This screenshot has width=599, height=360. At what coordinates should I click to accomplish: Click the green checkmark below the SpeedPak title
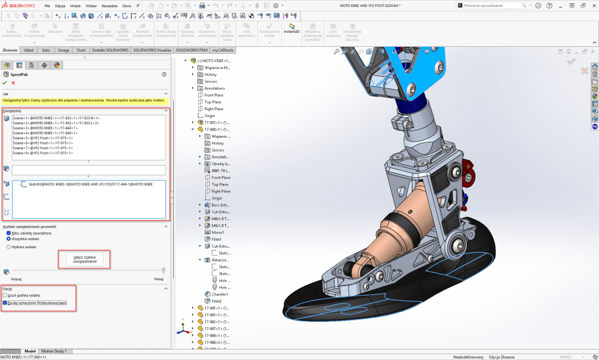5,83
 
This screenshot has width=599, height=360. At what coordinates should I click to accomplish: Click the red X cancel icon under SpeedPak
13,83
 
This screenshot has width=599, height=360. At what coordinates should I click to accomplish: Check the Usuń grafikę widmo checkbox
5,296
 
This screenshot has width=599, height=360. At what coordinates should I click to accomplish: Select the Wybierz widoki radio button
8,247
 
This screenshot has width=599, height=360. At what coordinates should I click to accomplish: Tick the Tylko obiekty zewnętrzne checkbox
8,233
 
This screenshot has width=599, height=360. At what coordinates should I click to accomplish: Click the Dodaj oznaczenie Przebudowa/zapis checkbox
5,303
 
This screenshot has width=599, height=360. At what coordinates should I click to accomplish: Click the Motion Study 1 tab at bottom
53,351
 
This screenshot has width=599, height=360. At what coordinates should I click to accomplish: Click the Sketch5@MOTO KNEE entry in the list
86,184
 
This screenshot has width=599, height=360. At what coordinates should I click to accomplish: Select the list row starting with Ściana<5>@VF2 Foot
43,138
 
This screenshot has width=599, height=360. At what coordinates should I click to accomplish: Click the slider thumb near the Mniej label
163,270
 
